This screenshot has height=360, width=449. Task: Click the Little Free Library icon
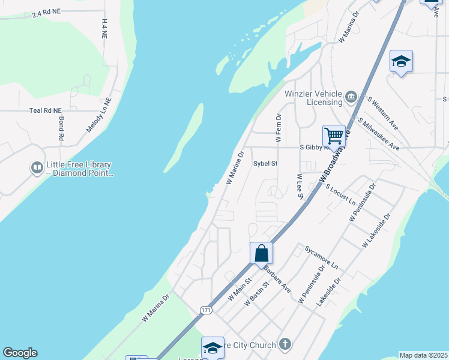coord(37,167)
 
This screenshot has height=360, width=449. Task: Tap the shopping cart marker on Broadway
coord(334,135)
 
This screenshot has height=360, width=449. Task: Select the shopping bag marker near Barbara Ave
coord(262,253)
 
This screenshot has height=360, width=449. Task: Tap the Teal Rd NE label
coord(46,110)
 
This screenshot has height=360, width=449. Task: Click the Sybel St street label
coord(265,163)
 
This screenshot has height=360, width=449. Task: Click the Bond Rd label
coord(61,128)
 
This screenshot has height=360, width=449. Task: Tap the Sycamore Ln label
coord(321,256)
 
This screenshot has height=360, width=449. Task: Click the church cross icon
coord(285,344)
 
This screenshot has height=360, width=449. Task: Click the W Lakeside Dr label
coord(376,231)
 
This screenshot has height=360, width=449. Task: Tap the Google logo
coord(20,353)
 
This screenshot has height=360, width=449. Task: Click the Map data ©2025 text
coord(423,355)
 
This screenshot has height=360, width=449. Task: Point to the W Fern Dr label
coord(279,128)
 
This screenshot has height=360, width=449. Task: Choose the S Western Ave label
coord(383,113)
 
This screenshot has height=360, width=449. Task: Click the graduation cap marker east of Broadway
coord(401,62)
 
